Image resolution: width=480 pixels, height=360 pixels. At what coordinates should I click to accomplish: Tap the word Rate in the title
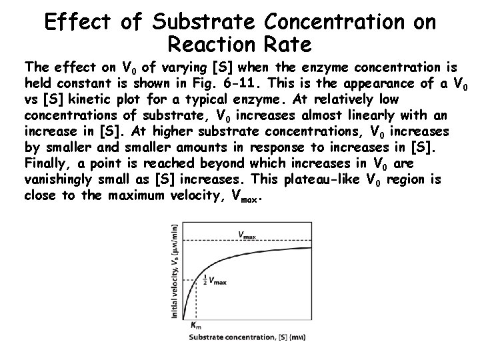pos(287,46)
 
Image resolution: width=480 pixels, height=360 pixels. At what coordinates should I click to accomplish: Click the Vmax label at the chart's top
pos(246,234)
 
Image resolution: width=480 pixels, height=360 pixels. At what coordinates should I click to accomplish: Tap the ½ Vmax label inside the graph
pos(214,281)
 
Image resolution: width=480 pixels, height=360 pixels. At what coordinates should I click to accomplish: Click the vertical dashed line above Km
pos(194,300)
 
